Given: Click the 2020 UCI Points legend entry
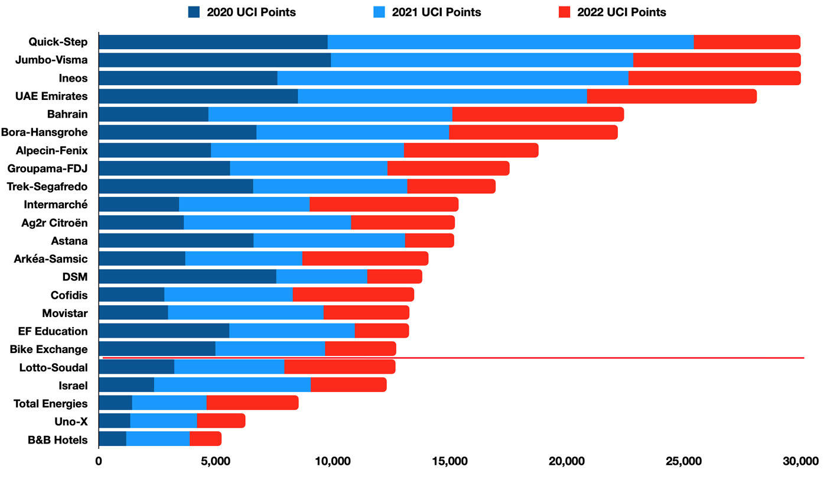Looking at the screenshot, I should pos(242,12).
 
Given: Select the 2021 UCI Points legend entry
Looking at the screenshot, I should pos(428,12).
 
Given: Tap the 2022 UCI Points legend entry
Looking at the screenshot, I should pos(613,12).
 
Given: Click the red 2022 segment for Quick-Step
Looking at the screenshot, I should pos(747,42).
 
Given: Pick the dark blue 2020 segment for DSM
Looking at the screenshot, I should pos(187,276).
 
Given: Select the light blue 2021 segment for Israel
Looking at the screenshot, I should pos(232,385).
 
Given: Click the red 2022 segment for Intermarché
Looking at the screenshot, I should pos(384,205).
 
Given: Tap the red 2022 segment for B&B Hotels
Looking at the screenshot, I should pos(206,439).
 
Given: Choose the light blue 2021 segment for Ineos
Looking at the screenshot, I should pos(452,78).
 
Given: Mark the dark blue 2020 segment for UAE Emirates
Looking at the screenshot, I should pos(198,96).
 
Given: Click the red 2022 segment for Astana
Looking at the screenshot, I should pos(429,241).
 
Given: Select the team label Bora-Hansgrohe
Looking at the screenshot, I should pos(44,132).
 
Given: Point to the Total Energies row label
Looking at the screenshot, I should pos(51,403).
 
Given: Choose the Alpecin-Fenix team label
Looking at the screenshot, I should pos(52,151).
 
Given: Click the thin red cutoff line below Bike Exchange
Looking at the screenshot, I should pos(453,358).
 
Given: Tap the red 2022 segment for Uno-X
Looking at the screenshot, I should pos(221,421).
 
